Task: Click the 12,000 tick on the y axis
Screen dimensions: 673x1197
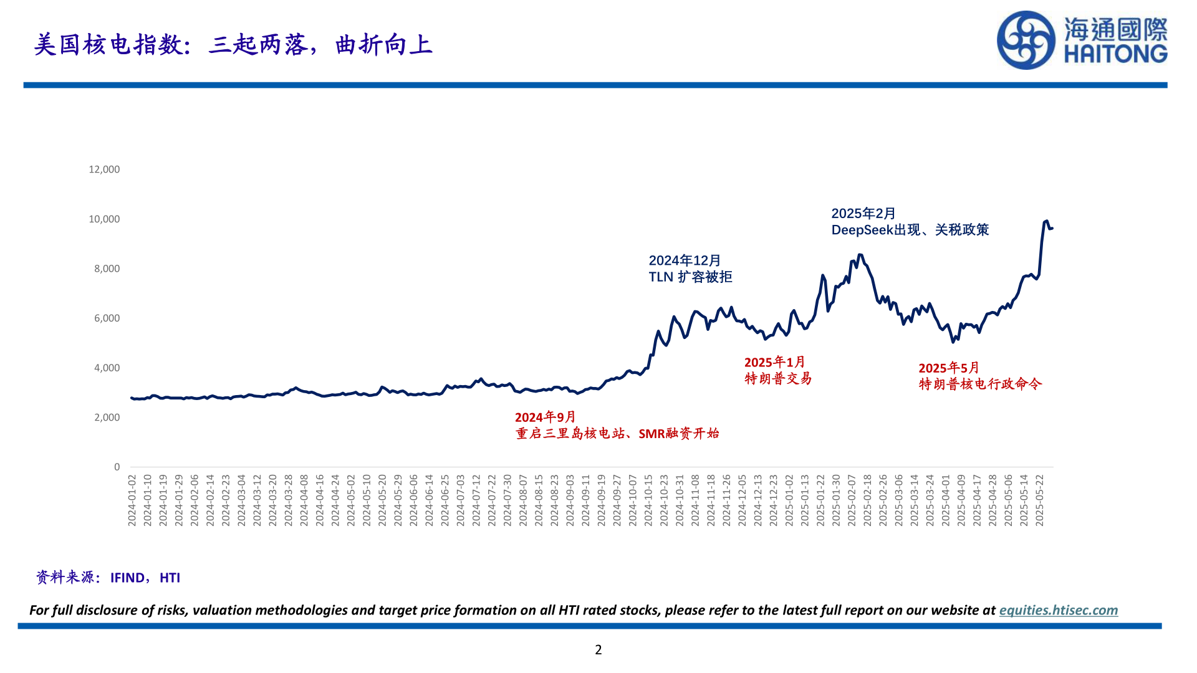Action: pyautogui.click(x=104, y=169)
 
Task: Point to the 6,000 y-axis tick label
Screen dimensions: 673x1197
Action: pyautogui.click(x=107, y=318)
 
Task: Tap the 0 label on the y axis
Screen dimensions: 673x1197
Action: pyautogui.click(x=117, y=467)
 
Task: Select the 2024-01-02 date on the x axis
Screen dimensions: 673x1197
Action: pyautogui.click(x=132, y=500)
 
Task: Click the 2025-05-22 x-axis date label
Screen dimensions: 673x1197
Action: pyautogui.click(x=1039, y=500)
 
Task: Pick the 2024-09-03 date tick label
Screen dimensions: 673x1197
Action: pyautogui.click(x=570, y=500)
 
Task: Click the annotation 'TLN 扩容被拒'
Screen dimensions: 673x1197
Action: pyautogui.click(x=690, y=277)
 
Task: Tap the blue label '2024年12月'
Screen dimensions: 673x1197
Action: pyautogui.click(x=685, y=260)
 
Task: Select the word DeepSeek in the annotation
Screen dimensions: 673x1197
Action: pyautogui.click(x=862, y=230)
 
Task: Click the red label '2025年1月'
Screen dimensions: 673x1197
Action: pyautogui.click(x=774, y=362)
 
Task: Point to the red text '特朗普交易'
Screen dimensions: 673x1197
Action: pyautogui.click(x=778, y=378)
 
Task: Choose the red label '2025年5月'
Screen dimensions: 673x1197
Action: pyautogui.click(x=948, y=368)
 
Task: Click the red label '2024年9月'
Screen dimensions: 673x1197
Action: pyautogui.click(x=545, y=417)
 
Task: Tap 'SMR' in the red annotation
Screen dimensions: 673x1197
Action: pyautogui.click(x=651, y=434)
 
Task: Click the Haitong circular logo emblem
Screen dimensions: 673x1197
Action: pyautogui.click(x=1026, y=41)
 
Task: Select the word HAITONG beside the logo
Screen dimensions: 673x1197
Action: pyautogui.click(x=1115, y=54)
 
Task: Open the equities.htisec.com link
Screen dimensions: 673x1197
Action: pyautogui.click(x=1058, y=610)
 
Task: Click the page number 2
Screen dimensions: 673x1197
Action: pyautogui.click(x=598, y=650)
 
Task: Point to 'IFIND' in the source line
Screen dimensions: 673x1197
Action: pyautogui.click(x=128, y=578)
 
